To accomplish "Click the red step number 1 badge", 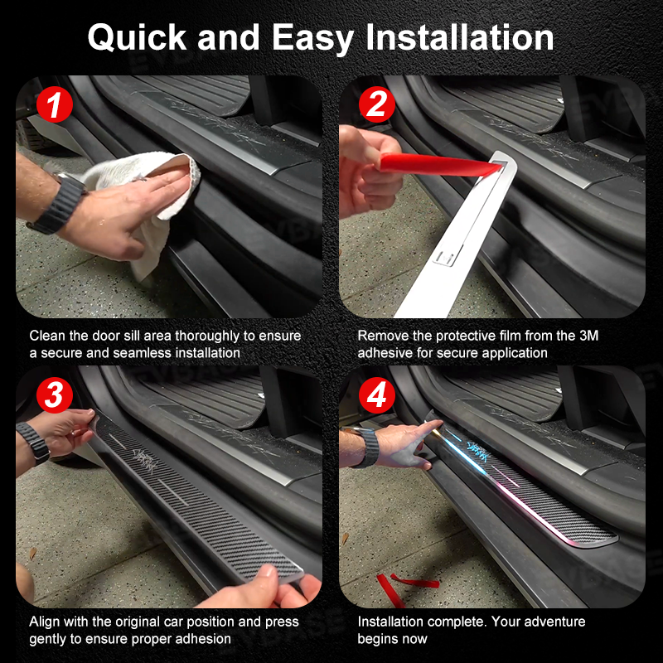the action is pos(55,104).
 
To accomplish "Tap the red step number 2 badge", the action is pos(377,104).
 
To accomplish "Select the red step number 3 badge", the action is pos(55,395).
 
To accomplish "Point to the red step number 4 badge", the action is pos(377,395).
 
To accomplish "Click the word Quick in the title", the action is pos(137,38).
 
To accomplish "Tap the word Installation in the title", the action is pos(460,37).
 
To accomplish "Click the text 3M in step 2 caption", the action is pos(589,336).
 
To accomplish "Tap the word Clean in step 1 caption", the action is pos(47,336).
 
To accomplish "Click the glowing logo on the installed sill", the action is pos(479,446).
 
